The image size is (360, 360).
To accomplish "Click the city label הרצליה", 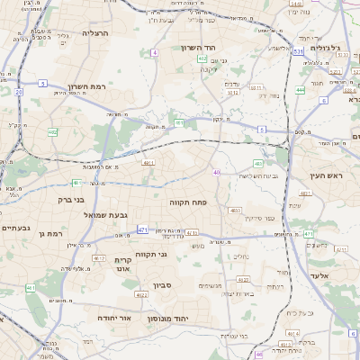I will point(94,33).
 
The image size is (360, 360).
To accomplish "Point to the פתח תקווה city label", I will point(189,202).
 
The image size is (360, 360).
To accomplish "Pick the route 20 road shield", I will point(18,92).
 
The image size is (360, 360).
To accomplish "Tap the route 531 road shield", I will point(297,52).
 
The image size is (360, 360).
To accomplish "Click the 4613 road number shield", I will point(31,288).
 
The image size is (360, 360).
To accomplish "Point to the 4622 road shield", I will point(141,294).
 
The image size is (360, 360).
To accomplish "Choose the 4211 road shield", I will point(149,163).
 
